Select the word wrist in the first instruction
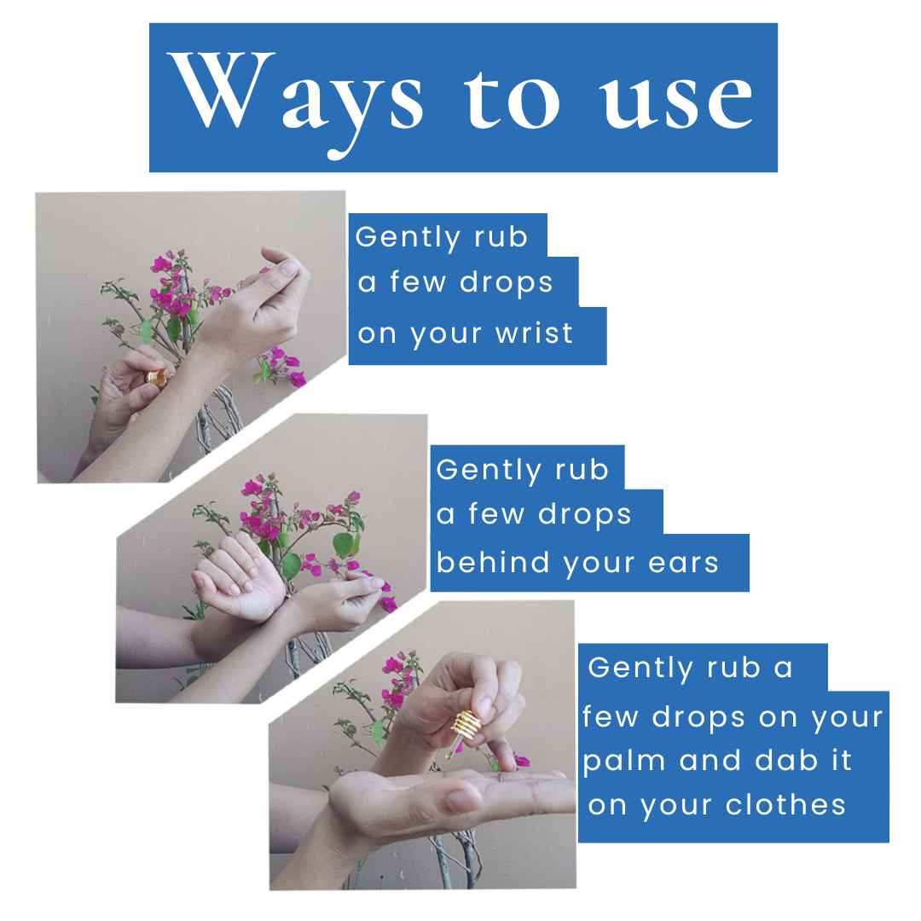click(534, 333)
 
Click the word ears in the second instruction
click(684, 562)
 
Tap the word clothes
click(785, 805)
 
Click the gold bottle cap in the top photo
click(156, 377)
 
